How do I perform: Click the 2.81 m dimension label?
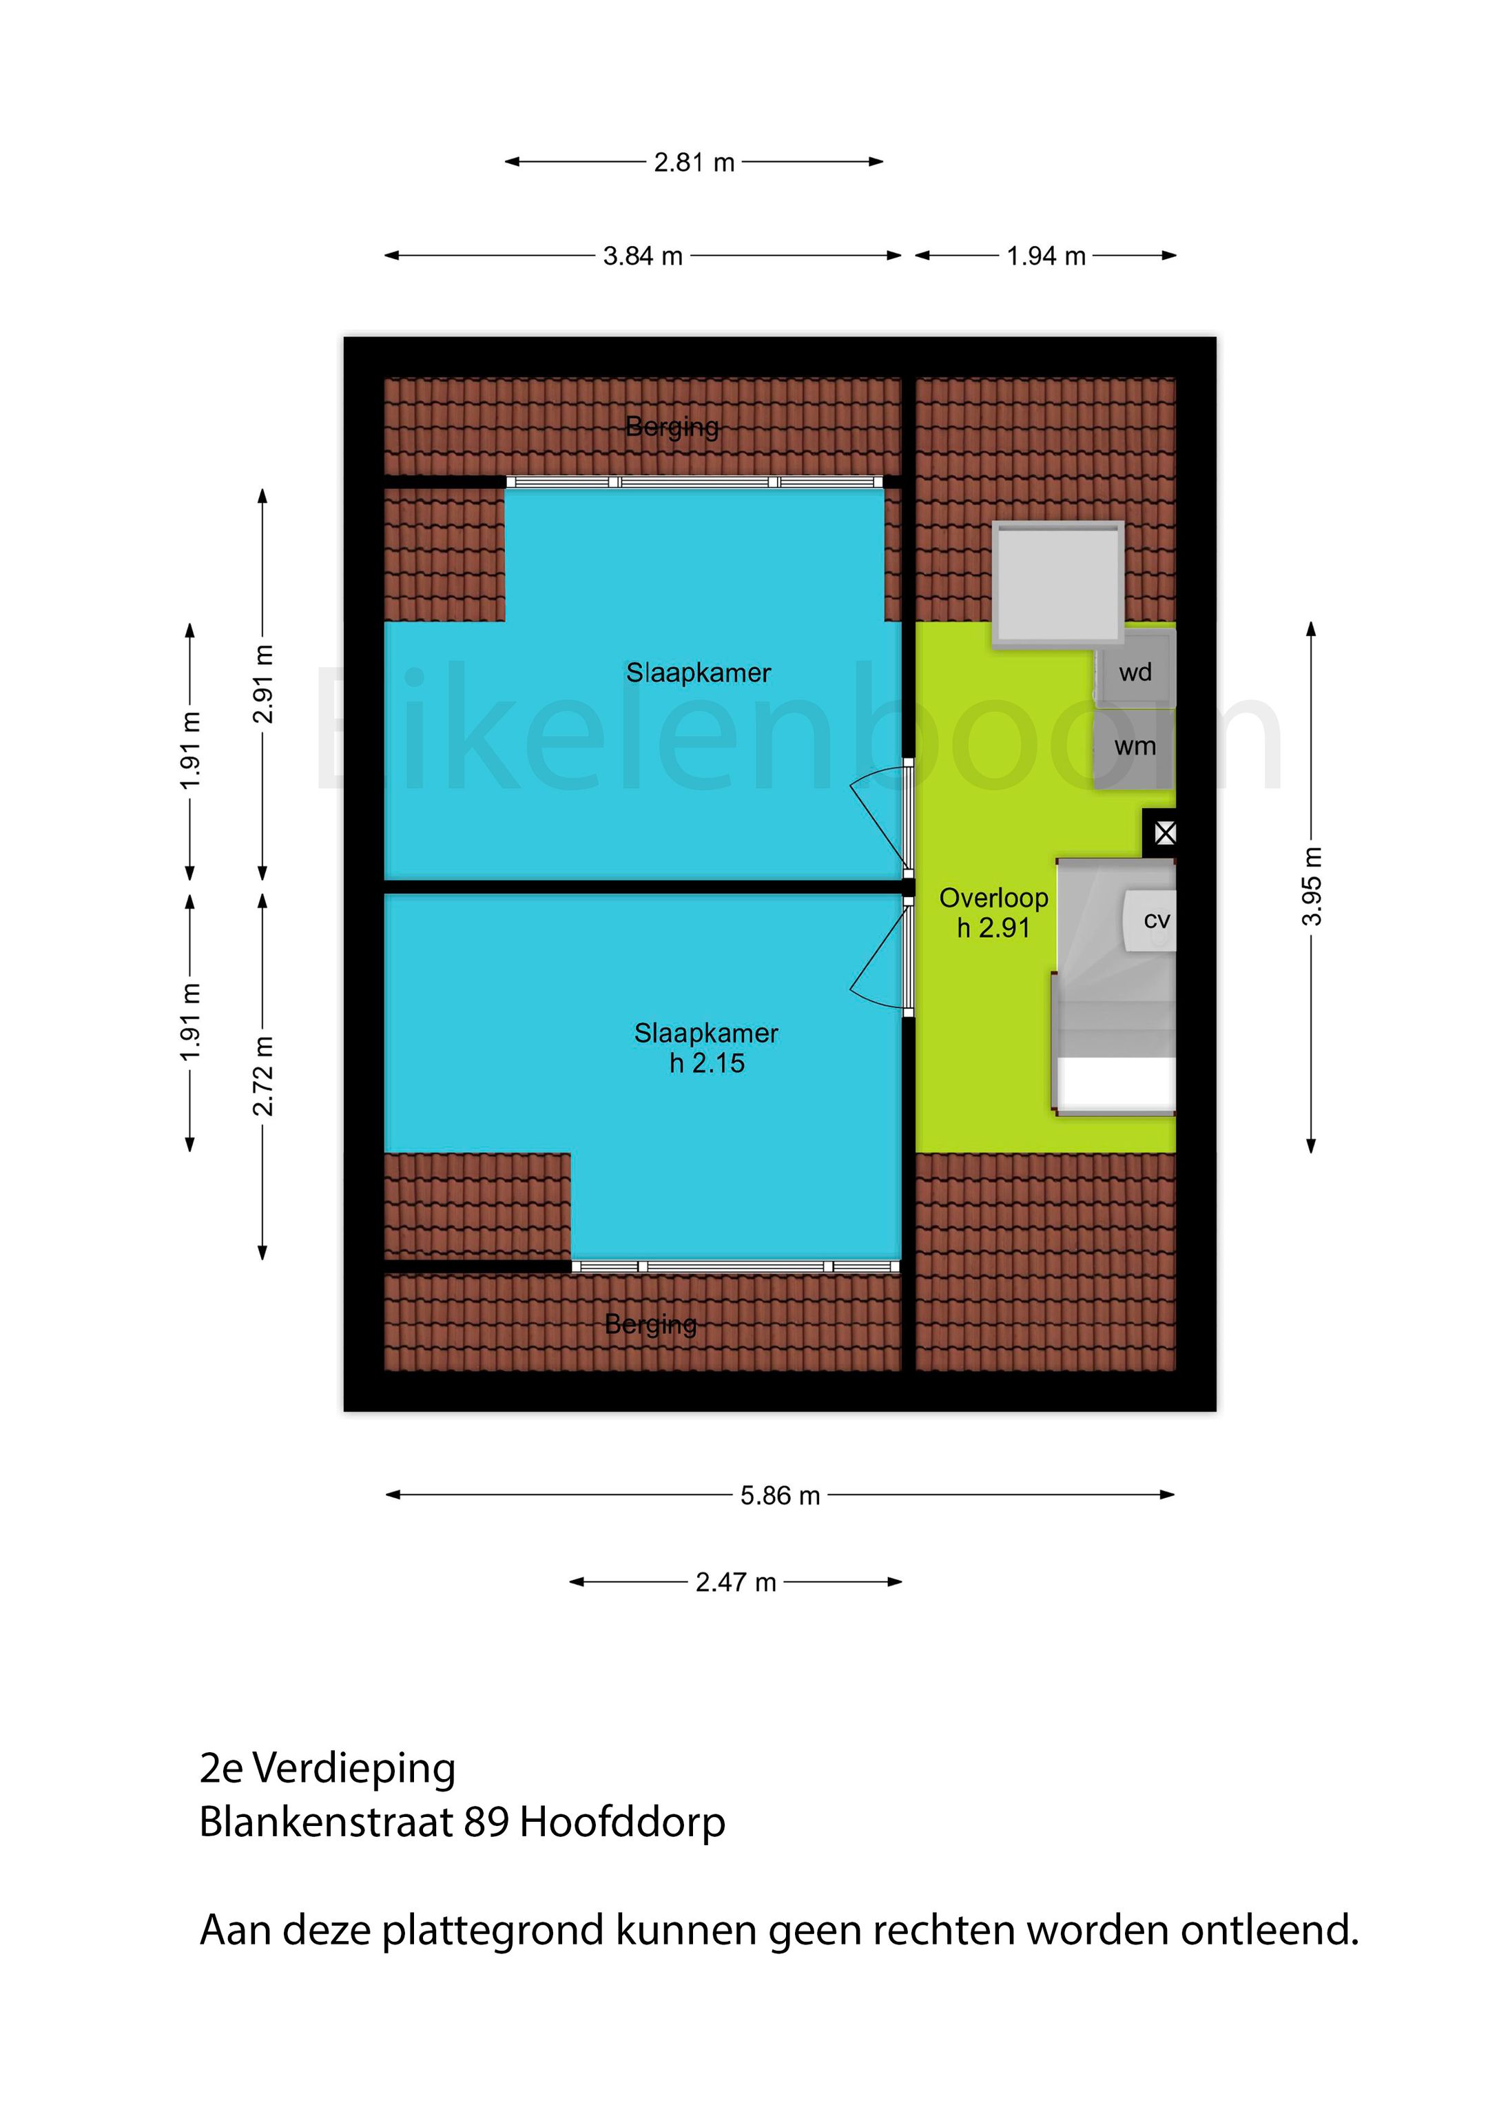(694, 163)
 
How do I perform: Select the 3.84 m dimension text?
(643, 257)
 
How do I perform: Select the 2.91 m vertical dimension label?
(263, 684)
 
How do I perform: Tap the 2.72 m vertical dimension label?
(263, 1076)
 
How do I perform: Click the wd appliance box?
(1135, 673)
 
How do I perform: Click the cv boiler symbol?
(1153, 921)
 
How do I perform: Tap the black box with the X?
(1164, 833)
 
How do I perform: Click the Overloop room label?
(994, 899)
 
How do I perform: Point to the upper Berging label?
(672, 427)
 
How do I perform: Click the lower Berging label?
(651, 1324)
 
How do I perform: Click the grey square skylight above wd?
(1058, 583)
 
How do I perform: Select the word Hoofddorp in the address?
(623, 1822)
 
